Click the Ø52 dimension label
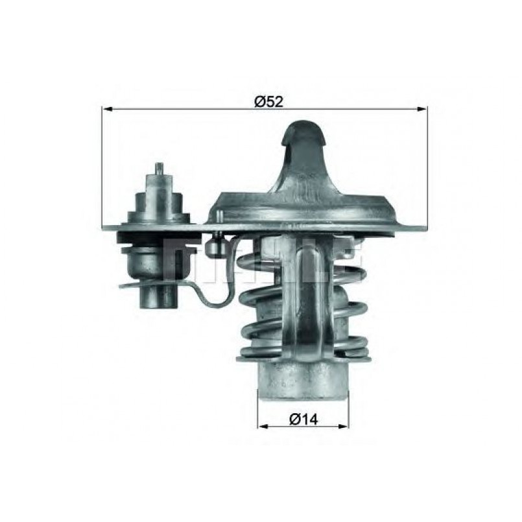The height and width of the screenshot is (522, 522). (x=268, y=101)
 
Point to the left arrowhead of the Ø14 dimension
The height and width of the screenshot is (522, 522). (x=263, y=426)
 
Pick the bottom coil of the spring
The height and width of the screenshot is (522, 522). (x=303, y=353)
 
